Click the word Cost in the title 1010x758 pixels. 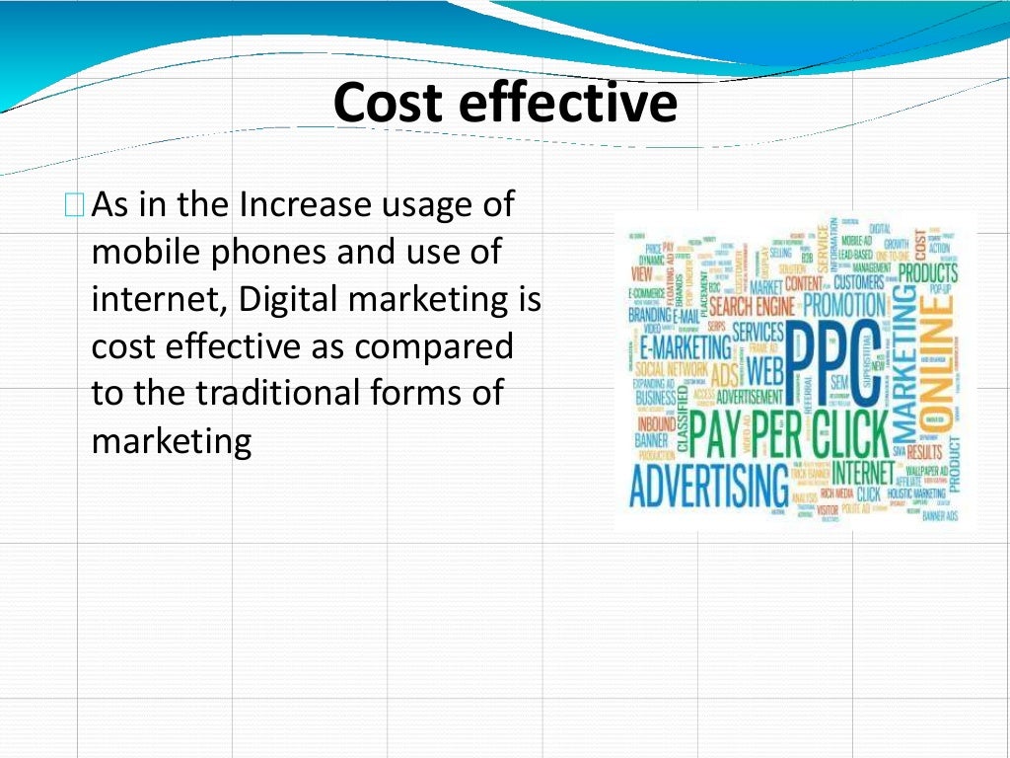(x=385, y=104)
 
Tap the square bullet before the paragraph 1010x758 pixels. (x=74, y=206)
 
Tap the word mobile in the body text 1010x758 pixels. (x=145, y=253)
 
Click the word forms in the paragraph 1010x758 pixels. (x=431, y=393)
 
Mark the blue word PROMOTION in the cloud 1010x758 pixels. (x=843, y=305)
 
